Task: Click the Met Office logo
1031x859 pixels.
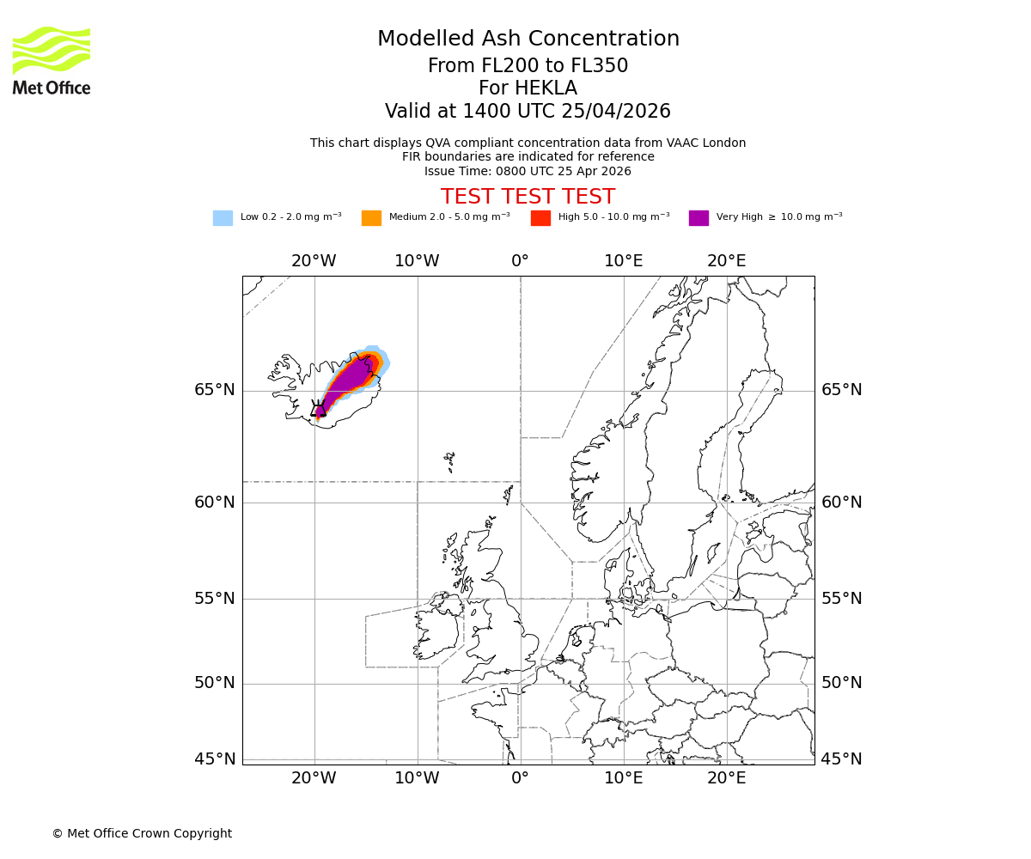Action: pos(52,60)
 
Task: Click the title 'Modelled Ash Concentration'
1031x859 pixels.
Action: pos(528,39)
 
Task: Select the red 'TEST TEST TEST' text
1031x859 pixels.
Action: pos(528,197)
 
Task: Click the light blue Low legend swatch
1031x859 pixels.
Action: pos(223,217)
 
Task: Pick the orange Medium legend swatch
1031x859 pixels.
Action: pos(371,217)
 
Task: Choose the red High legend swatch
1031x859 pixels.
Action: pos(540,217)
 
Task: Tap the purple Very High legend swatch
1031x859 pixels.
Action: pos(699,217)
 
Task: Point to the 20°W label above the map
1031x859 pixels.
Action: pos(314,260)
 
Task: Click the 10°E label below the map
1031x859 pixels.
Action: pos(624,778)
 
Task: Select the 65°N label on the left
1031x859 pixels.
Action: pos(214,390)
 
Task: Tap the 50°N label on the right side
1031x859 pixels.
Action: pos(842,683)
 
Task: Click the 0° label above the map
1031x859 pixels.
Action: pos(521,260)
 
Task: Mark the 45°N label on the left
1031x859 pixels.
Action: pos(214,759)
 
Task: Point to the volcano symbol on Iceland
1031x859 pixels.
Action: pos(318,409)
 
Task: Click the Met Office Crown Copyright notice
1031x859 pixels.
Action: pos(142,833)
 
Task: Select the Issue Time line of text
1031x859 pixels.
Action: pos(528,171)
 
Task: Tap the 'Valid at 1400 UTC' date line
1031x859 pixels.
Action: pos(528,112)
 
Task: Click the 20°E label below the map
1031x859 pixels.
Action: pos(727,778)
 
